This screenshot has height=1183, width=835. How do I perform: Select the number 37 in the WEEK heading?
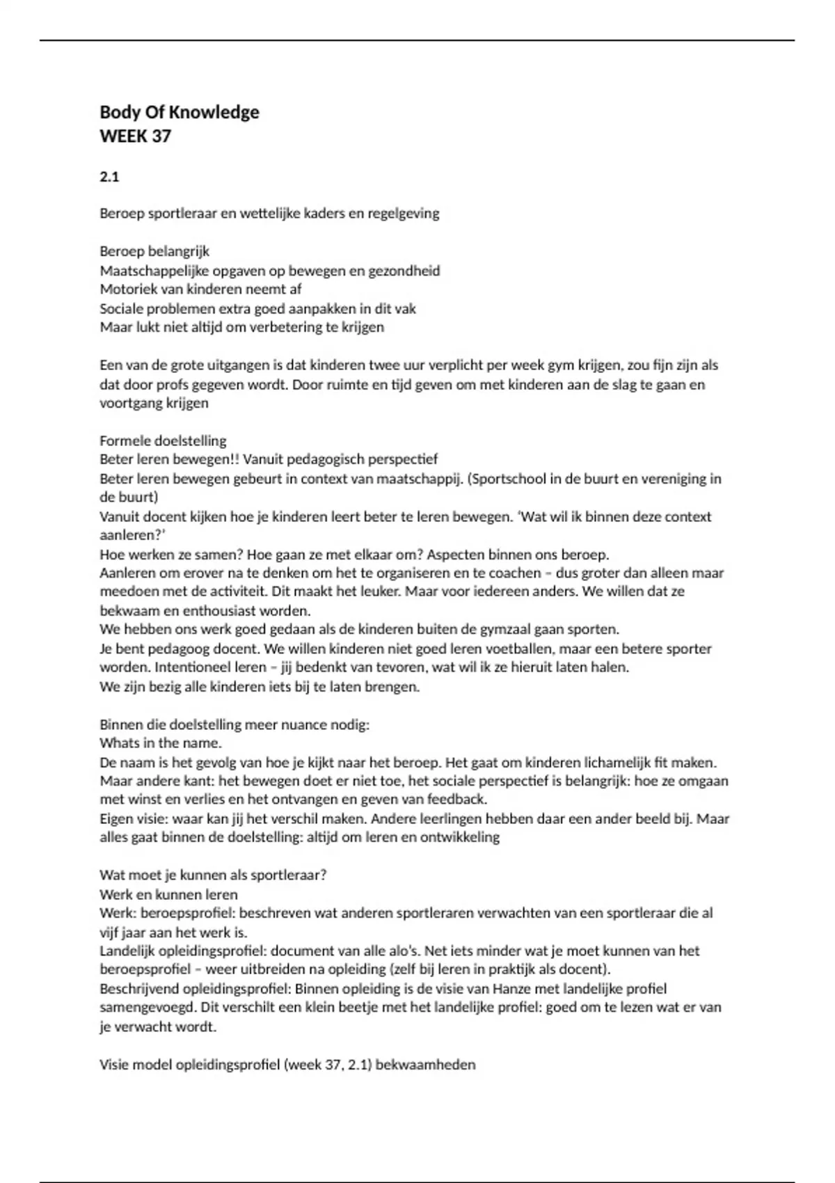[161, 136]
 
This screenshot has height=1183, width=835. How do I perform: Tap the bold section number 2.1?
[109, 177]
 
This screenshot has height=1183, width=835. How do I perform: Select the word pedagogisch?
[319, 459]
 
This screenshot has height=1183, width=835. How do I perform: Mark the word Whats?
[119, 743]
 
